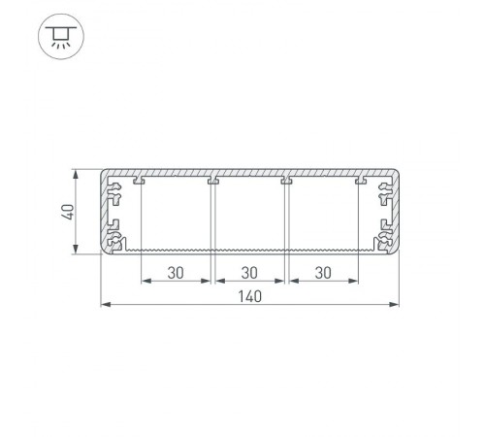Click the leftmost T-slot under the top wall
(140, 181)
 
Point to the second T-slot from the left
(212, 181)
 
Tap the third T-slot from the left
(286, 181)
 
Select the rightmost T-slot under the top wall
(360, 181)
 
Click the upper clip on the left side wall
(114, 196)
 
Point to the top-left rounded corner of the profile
(106, 173)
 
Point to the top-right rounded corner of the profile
(397, 173)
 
